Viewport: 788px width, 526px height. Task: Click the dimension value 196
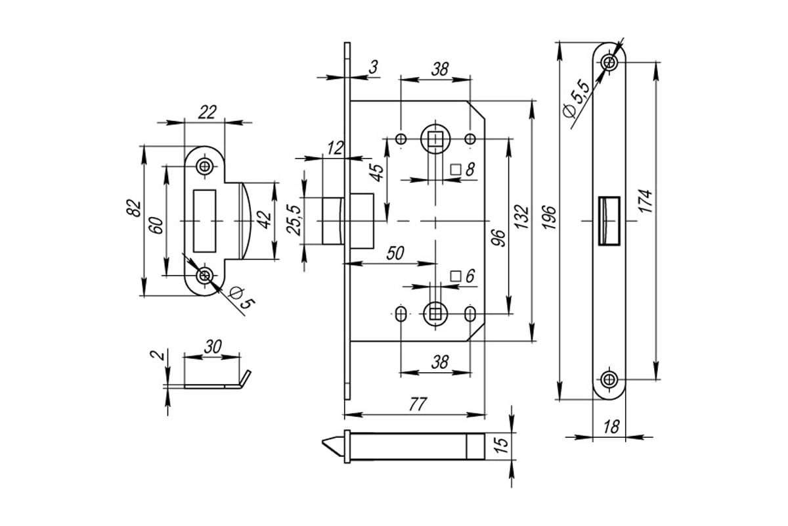click(549, 218)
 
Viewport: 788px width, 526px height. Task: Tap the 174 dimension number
click(646, 201)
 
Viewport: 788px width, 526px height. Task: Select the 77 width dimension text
click(418, 404)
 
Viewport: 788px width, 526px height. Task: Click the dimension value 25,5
click(294, 220)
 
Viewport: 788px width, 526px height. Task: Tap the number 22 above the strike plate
click(207, 112)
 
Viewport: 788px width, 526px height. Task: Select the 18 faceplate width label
click(611, 427)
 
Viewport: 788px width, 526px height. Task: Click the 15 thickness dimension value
click(501, 446)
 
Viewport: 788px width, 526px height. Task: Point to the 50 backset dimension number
click(395, 253)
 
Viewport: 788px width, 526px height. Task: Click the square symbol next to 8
click(456, 170)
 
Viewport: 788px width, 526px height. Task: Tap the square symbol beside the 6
click(456, 276)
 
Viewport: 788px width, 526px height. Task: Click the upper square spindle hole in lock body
click(435, 139)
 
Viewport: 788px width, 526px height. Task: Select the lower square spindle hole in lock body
click(435, 314)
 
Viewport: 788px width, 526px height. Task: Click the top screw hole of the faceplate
click(609, 62)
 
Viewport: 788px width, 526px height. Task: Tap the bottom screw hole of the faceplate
click(609, 379)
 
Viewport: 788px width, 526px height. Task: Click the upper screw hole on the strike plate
click(204, 166)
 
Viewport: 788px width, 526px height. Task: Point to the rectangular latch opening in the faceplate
click(609, 221)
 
